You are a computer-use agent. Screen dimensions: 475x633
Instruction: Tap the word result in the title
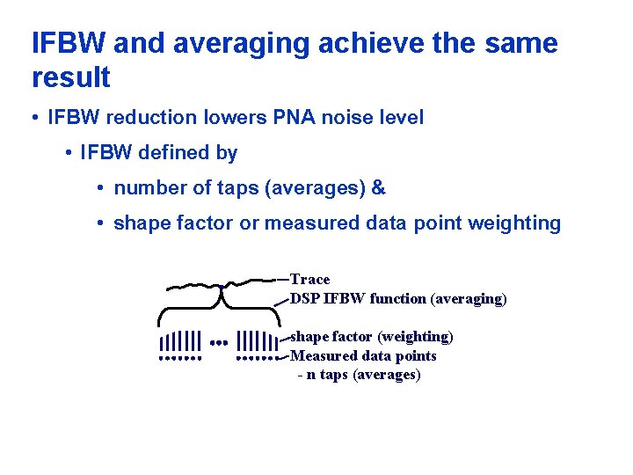point(70,77)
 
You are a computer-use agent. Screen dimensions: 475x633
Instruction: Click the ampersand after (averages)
point(379,188)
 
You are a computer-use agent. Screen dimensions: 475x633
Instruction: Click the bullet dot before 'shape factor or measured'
point(102,223)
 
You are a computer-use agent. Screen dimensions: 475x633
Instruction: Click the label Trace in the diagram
point(309,280)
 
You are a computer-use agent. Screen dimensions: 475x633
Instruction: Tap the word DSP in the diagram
point(305,298)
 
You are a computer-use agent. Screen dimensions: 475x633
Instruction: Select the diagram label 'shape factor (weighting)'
point(372,337)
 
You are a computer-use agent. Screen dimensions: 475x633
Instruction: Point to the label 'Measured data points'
point(363,355)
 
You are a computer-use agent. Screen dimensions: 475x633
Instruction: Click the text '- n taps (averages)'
point(359,375)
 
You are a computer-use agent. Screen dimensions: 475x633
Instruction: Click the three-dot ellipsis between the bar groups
point(219,342)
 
